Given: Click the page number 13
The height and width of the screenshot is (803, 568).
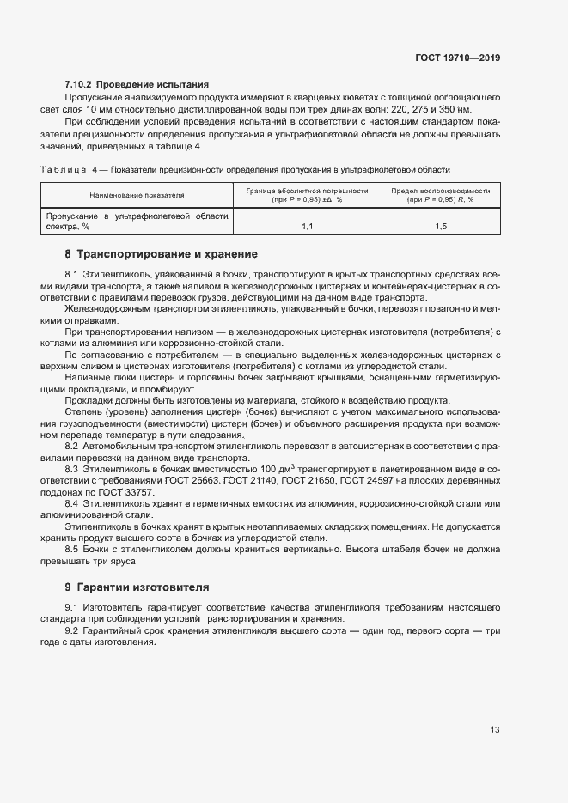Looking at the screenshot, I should pyautogui.click(x=494, y=730).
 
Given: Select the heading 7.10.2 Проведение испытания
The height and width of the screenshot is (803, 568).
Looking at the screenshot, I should pyautogui.click(x=137, y=84).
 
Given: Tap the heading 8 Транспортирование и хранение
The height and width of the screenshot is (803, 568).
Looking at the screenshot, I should pyautogui.click(x=161, y=254).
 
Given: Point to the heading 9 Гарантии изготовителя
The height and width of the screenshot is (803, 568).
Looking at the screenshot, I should pyautogui.click(x=137, y=587).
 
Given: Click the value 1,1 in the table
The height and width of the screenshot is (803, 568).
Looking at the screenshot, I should pyautogui.click(x=308, y=226).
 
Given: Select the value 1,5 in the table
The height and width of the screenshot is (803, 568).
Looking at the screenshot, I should pyautogui.click(x=441, y=226).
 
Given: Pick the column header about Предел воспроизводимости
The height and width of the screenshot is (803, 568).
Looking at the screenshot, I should pyautogui.click(x=441, y=195).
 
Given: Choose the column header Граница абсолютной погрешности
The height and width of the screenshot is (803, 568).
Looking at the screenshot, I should pyautogui.click(x=308, y=195).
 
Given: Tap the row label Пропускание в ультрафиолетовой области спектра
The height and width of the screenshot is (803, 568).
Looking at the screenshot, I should pyautogui.click(x=137, y=222).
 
